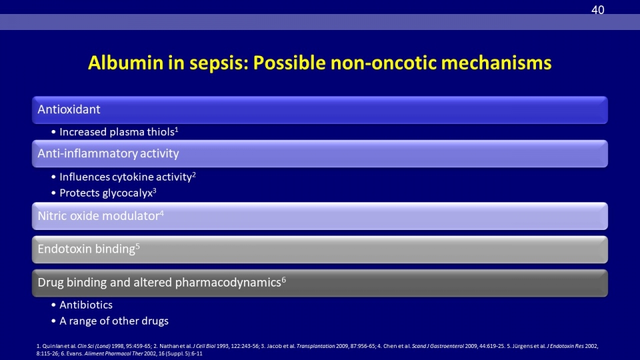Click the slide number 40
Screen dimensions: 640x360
(597, 10)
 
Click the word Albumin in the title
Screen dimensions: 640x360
(126, 63)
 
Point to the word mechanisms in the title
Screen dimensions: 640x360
(496, 63)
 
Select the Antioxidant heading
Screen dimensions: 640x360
(69, 109)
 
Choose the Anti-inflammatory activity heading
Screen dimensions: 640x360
(108, 153)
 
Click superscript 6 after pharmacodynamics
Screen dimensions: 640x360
(284, 279)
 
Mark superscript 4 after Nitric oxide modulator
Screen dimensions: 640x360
(161, 213)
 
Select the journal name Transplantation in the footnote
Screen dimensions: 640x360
(315, 346)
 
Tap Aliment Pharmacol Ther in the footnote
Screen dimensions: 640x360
(113, 353)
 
